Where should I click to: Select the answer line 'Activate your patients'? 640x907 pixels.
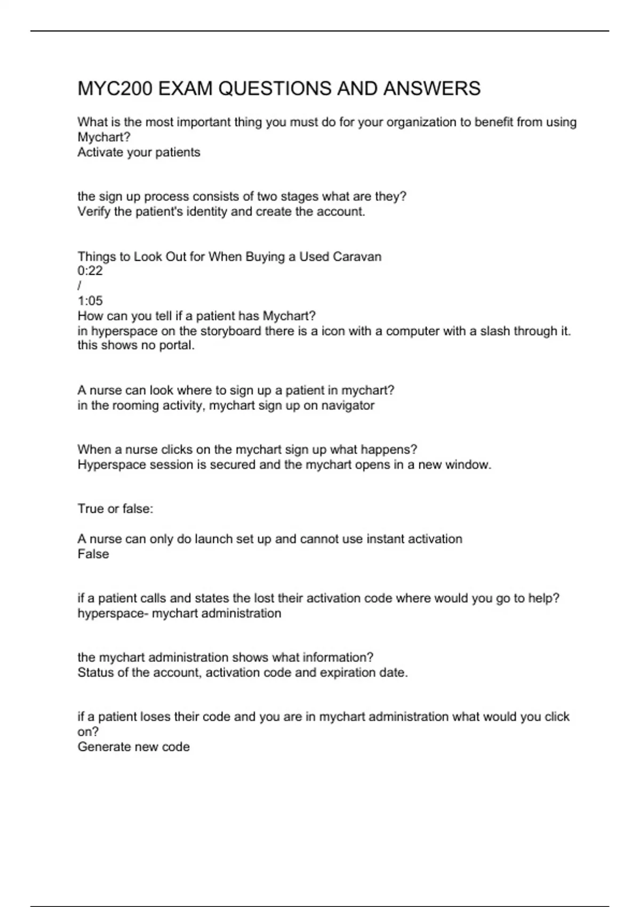pyautogui.click(x=139, y=153)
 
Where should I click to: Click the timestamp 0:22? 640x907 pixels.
pyautogui.click(x=90, y=271)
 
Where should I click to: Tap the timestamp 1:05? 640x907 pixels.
pyautogui.click(x=90, y=301)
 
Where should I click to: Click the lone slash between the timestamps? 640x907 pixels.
pyautogui.click(x=79, y=286)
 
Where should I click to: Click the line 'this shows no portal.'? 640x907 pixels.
pyautogui.click(x=136, y=346)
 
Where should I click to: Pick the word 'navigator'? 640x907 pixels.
pyautogui.click(x=348, y=405)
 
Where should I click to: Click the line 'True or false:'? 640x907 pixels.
pyautogui.click(x=115, y=509)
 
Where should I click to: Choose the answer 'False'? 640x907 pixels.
pyautogui.click(x=93, y=554)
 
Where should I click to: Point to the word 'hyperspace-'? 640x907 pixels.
pyautogui.click(x=113, y=614)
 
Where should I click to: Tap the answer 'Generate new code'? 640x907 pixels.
pyautogui.click(x=133, y=747)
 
